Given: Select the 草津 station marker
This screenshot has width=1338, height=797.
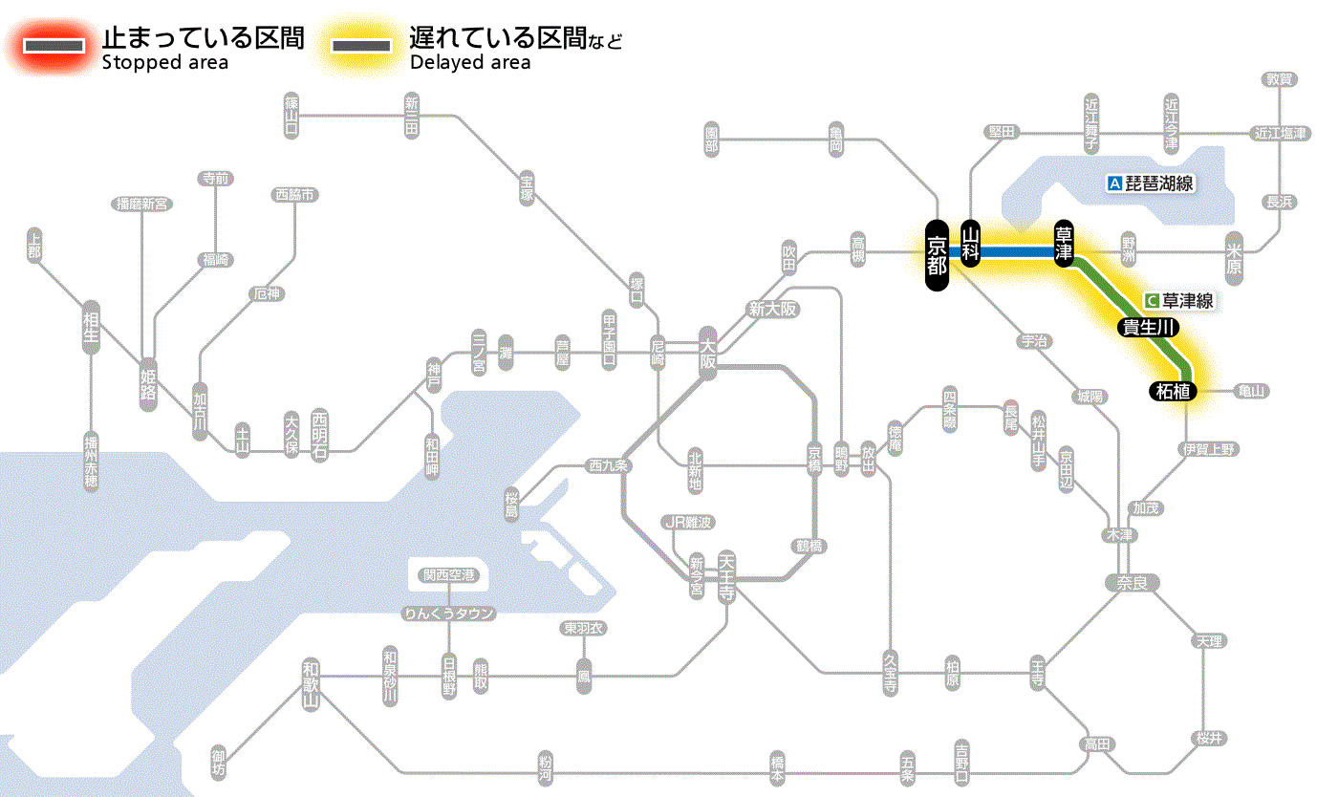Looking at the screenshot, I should click(x=1065, y=245).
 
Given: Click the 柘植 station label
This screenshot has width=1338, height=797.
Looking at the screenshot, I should click(x=1172, y=391).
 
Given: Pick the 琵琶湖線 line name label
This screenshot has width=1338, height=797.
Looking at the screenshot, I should click(x=1151, y=183).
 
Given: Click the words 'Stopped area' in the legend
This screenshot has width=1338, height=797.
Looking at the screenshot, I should click(x=164, y=63).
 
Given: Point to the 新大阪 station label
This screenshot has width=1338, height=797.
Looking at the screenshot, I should click(x=773, y=310).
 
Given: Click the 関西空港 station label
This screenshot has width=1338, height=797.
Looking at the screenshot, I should click(x=448, y=574).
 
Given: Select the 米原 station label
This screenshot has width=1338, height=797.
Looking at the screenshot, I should click(x=1234, y=256).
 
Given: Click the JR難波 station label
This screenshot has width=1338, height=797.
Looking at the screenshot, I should click(x=688, y=522).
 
